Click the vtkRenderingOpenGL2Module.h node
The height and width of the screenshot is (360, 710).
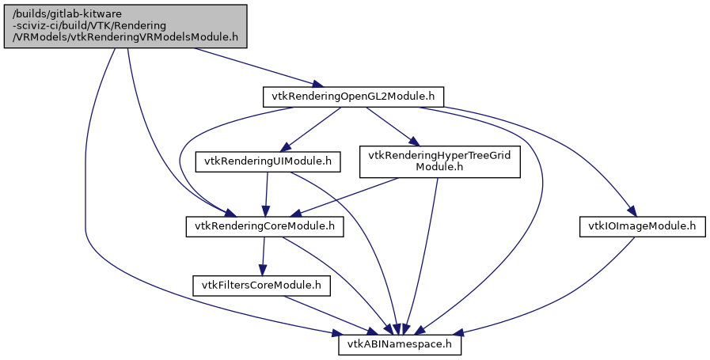pos(352,97)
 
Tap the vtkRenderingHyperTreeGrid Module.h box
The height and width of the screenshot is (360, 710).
pos(440,162)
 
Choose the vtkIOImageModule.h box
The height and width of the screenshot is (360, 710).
pos(642,227)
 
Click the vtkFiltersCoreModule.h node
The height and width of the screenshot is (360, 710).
pos(260,285)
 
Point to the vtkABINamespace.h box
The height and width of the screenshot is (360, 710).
pos(400,345)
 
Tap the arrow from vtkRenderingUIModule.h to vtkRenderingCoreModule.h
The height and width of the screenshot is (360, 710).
pos(266,195)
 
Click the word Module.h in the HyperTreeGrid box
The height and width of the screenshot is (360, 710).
pos(440,168)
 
